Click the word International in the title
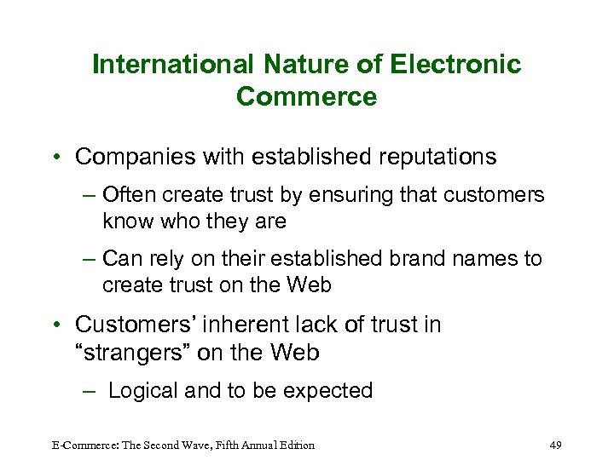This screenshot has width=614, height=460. pos(171,65)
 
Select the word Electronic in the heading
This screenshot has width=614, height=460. pos(455,65)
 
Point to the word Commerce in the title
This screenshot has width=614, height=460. pos(306,96)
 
